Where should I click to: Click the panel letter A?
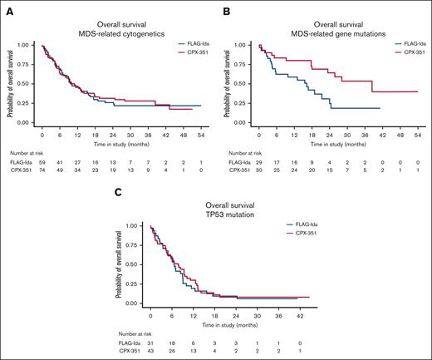[x=9, y=9]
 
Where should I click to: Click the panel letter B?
[x=224, y=9]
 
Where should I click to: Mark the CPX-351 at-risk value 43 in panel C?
[x=150, y=352]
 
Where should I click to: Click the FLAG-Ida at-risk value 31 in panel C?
[x=150, y=343]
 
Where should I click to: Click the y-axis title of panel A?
[x=11, y=83]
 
